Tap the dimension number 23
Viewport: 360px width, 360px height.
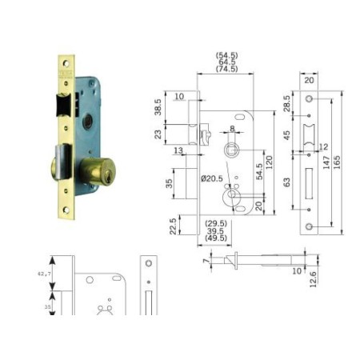(158, 134)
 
